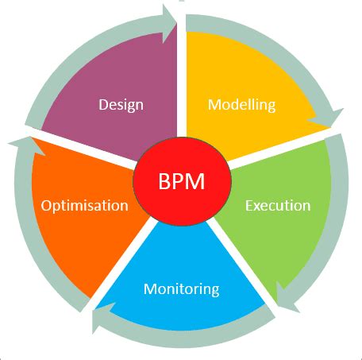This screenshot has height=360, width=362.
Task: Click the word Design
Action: click(121, 104)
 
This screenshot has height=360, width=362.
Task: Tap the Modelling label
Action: click(241, 104)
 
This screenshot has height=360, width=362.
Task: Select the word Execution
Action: click(277, 205)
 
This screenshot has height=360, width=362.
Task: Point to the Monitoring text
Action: click(181, 288)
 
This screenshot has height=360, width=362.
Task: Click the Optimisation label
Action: click(84, 205)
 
